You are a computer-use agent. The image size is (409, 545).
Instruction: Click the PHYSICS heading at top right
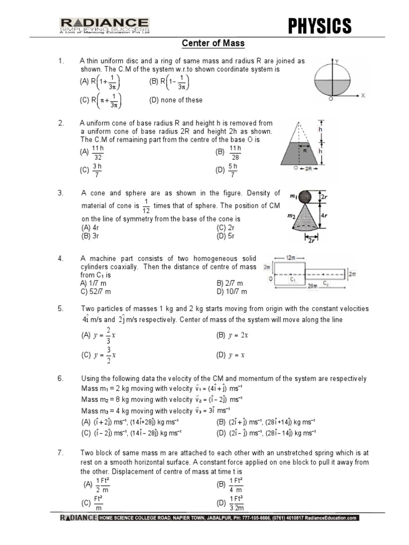click(x=320, y=25)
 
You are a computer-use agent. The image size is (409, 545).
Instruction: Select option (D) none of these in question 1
click(x=176, y=100)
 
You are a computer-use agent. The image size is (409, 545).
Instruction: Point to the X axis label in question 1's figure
click(x=362, y=96)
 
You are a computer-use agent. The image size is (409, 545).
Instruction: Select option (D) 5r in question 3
click(x=225, y=235)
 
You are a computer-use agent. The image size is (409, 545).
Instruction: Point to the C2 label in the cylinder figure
click(x=326, y=284)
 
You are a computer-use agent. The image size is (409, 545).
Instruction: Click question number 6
click(x=60, y=378)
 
